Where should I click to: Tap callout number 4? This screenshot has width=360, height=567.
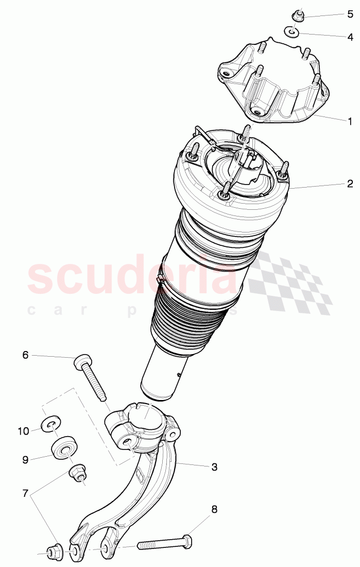pos(350,37)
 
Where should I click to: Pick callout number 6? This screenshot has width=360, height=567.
pos(25,355)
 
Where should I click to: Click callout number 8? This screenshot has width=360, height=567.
pos(214,510)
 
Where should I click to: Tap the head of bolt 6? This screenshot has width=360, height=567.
pos(82,362)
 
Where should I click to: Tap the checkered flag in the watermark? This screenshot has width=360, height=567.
pos(288,283)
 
